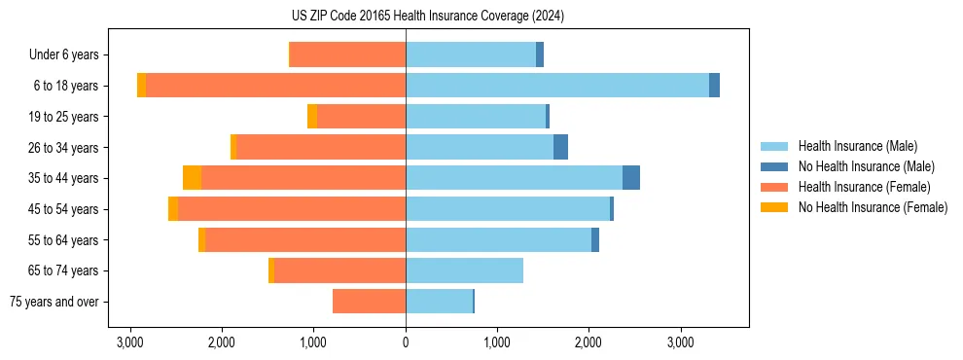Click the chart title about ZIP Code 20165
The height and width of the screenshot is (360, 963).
pyautogui.click(x=427, y=17)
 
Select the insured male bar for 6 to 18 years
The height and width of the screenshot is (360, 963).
pyautogui.click(x=556, y=86)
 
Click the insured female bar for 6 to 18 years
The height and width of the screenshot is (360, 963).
pyautogui.click(x=275, y=86)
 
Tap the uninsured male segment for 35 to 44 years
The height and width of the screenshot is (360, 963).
pyautogui.click(x=631, y=178)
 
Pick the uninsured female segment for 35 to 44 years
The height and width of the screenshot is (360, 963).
pyautogui.click(x=192, y=178)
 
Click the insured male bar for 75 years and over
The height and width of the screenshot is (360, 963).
pyautogui.click(x=439, y=302)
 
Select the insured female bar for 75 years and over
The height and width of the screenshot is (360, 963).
pyautogui.click(x=369, y=302)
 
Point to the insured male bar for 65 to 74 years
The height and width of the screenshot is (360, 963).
pyautogui.click(x=464, y=270)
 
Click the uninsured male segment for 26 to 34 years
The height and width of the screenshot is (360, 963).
pyautogui.click(x=560, y=147)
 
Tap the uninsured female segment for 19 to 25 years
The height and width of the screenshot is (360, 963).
pyautogui.click(x=312, y=117)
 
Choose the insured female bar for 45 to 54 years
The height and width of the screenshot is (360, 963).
pyautogui.click(x=292, y=209)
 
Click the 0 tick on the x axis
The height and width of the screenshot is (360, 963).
pyautogui.click(x=406, y=342)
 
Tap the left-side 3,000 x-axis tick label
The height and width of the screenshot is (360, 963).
pyautogui.click(x=130, y=342)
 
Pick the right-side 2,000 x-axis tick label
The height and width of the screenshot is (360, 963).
pyautogui.click(x=588, y=342)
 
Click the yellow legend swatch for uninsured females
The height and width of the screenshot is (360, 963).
pyautogui.click(x=775, y=207)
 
